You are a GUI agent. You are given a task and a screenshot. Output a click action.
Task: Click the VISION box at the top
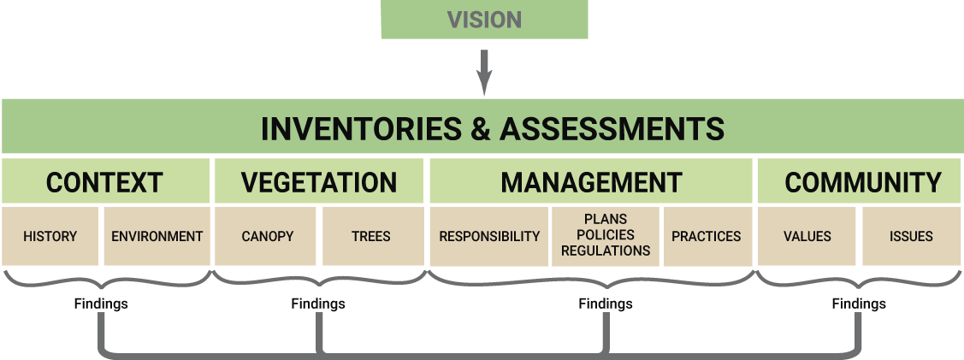484,20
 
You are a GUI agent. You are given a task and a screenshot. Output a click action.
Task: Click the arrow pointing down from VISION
484,73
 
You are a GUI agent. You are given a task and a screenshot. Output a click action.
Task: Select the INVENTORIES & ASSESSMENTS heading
492,128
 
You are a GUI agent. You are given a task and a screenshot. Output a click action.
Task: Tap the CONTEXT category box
104,182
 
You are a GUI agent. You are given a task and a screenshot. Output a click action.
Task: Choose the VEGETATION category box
319,182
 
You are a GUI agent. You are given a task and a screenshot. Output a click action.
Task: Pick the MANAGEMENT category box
591,182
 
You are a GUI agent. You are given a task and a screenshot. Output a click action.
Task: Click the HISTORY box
50,236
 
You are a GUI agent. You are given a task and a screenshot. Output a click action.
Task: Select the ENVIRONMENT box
157,236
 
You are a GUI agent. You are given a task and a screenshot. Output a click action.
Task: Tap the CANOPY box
266,236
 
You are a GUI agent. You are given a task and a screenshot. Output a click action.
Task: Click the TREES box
371,236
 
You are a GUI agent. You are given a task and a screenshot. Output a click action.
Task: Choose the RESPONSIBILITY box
489,236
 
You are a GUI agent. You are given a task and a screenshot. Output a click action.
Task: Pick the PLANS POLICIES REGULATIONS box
606,236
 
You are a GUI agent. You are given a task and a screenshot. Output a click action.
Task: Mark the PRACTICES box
706,236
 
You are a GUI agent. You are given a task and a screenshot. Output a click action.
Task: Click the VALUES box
807,236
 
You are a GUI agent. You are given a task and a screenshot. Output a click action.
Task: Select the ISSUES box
911,236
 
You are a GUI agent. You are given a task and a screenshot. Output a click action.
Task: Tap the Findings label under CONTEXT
100,304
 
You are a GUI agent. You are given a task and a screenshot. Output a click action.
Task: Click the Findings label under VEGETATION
317,304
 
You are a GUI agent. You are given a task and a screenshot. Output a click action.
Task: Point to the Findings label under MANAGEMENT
605,304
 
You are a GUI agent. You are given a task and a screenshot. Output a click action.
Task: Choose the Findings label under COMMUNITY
858,304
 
